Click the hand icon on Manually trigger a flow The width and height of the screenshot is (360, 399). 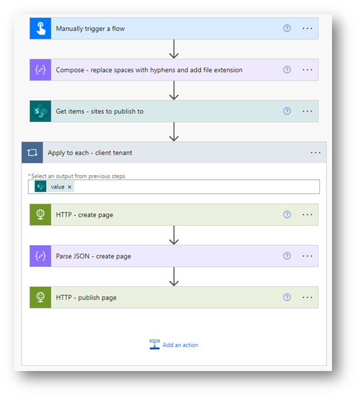pos(41,28)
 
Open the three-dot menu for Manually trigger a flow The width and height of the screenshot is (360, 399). pos(307,28)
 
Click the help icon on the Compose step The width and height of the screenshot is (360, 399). pos(287,69)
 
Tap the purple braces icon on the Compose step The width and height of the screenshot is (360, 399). pos(41,70)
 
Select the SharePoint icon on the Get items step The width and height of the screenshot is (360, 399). pos(41,111)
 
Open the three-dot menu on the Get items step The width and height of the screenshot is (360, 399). pos(307,111)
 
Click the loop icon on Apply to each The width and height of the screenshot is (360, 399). pos(33,153)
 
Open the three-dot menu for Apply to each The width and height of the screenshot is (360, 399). pos(315,153)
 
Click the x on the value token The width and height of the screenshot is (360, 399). pos(69,187)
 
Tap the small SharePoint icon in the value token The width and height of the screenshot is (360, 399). pos(41,187)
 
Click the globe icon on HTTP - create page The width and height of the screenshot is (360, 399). pos(41,214)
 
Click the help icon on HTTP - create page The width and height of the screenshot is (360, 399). pos(287,214)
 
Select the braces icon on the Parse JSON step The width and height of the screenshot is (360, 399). pos(41,256)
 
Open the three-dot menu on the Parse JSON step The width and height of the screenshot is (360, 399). pos(307,256)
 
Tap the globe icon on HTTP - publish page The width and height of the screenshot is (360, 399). pos(41,297)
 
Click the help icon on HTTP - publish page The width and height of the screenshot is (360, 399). pos(287,297)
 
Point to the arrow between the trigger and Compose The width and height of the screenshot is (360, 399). pos(174,49)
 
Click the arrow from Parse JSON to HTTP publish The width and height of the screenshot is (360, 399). pos(174,276)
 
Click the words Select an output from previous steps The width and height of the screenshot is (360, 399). pos(78,176)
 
